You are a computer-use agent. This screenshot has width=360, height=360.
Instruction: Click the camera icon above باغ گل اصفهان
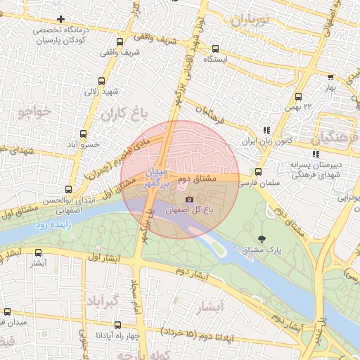click(189, 200)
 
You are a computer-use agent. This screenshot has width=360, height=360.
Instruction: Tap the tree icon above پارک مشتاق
click(262, 239)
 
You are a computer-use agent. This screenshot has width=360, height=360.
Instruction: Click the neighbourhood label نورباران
click(245, 20)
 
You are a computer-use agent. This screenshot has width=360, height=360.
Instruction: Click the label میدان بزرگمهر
click(153, 179)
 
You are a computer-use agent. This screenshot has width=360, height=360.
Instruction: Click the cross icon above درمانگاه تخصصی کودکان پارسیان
click(61, 19)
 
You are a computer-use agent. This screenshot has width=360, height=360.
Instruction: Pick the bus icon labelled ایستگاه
click(216, 49)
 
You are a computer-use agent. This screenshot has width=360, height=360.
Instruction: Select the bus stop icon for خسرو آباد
click(84, 133)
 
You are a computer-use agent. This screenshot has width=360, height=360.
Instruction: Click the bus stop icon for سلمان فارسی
click(258, 172)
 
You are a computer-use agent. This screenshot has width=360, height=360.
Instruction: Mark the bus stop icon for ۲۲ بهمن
click(299, 96)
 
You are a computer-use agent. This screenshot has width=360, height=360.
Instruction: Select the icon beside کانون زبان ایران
click(266, 130)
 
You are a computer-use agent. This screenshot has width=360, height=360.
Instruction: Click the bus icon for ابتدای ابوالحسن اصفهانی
click(68, 189)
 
